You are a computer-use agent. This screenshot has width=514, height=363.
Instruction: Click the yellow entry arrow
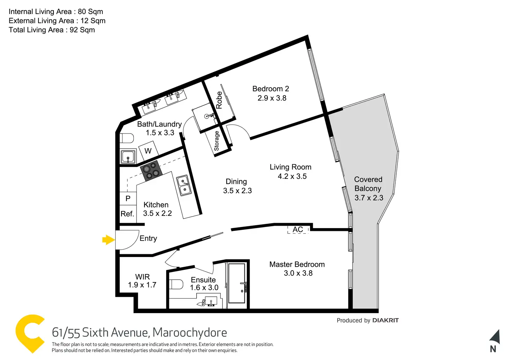108,240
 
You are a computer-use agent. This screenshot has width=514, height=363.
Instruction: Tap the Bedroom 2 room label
271,89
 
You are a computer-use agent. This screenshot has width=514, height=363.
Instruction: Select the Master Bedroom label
297,264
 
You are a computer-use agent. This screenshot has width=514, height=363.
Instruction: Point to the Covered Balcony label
368,184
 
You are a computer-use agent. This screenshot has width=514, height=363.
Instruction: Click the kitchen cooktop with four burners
151,171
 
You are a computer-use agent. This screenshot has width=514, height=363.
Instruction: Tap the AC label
298,229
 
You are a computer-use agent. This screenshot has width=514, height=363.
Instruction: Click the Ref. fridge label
127,214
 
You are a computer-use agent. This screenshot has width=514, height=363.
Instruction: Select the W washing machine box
148,151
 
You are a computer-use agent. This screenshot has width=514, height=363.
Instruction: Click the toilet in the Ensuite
176,284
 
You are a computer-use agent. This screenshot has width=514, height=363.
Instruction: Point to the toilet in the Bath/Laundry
127,138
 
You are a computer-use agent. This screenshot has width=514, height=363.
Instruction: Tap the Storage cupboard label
216,141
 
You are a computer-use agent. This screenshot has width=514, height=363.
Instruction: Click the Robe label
219,100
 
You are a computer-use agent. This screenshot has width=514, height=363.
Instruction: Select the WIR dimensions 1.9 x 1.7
142,285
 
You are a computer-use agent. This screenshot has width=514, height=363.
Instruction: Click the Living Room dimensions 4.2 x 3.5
292,176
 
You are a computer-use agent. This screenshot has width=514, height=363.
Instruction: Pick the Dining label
236,182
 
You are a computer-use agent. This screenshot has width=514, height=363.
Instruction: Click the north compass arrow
495,337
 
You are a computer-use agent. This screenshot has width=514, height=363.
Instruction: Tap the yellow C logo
29,333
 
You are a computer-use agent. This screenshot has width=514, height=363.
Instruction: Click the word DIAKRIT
385,320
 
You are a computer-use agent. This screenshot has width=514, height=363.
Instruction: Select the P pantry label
128,198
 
